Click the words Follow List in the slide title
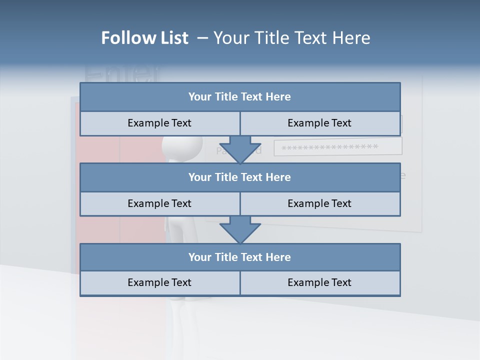pos(144,38)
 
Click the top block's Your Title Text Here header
pos(239,97)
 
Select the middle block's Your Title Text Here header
pos(239,177)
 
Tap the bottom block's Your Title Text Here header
pos(239,257)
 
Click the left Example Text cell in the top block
pos(159,123)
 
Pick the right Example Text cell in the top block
pos(319,123)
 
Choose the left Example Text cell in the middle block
pos(159,203)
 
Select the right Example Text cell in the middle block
pos(319,203)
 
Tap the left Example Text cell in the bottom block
pos(159,282)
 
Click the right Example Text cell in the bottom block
pos(319,282)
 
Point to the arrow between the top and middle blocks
pos(240,149)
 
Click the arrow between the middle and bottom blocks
pos(240,229)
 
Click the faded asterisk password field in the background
pos(337,147)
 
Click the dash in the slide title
pos(202,38)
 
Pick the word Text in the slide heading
pos(308,38)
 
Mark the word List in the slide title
pos(172,38)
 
